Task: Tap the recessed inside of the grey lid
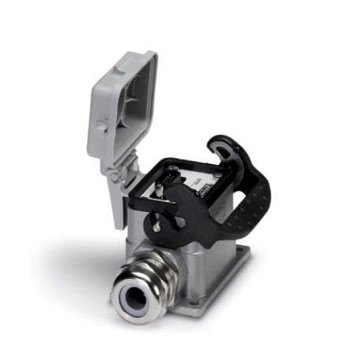(130, 110)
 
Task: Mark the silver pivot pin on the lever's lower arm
(157, 226)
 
